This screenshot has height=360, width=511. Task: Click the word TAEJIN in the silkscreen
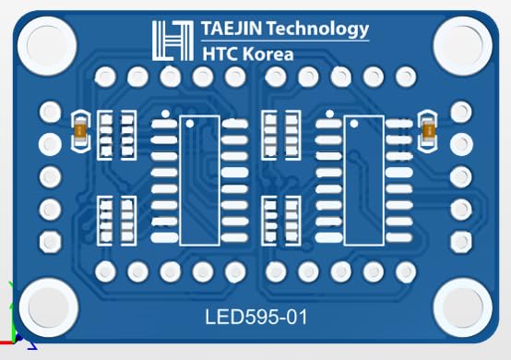click(232, 29)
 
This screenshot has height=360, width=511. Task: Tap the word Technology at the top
click(318, 30)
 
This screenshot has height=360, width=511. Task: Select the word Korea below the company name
click(268, 54)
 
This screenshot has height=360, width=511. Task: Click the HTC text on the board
click(220, 54)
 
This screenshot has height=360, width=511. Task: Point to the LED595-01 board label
click(256, 317)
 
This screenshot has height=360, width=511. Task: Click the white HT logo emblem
click(172, 41)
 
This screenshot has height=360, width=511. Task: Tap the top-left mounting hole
click(47, 46)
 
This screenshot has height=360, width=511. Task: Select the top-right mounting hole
click(463, 46)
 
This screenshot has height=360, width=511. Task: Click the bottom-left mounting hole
click(49, 308)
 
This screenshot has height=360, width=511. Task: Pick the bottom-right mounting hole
click(463, 308)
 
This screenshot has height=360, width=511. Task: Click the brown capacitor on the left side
click(80, 131)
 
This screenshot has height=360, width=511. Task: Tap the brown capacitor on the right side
click(428, 131)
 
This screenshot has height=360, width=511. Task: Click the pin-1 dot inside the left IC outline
click(190, 124)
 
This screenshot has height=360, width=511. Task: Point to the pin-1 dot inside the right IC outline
click(354, 124)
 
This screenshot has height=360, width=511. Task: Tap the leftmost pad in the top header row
click(105, 77)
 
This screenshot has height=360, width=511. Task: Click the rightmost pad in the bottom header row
click(406, 271)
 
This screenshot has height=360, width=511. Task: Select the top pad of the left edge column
click(50, 112)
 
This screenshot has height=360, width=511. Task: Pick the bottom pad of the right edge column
click(461, 242)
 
